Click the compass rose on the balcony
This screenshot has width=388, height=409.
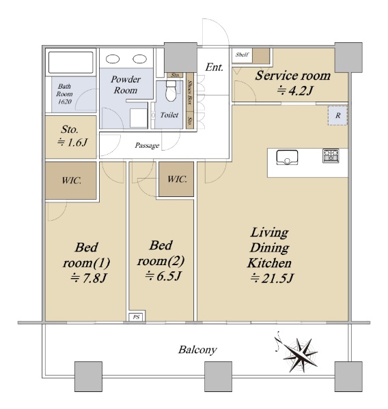click(x=300, y=354)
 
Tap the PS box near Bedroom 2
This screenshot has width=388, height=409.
click(x=137, y=317)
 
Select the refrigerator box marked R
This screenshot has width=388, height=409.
click(x=338, y=116)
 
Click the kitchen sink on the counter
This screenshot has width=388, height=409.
click(x=287, y=157)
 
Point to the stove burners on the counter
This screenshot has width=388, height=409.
click(x=331, y=155)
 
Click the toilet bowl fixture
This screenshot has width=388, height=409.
click(x=171, y=90)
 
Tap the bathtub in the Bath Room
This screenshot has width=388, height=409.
click(x=71, y=62)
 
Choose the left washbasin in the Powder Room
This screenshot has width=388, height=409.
click(x=113, y=59)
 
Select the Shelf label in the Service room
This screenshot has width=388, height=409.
click(x=242, y=55)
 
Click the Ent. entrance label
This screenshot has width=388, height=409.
click(x=214, y=67)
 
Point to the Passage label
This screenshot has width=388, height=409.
click(x=147, y=146)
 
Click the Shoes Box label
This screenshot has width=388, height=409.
click(x=190, y=92)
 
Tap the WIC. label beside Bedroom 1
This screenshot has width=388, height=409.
click(x=71, y=181)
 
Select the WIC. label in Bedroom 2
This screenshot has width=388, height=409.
click(x=177, y=179)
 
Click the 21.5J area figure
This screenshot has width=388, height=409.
click(x=272, y=278)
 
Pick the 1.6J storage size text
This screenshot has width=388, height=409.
click(x=72, y=142)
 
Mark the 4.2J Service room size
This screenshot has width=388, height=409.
click(x=294, y=91)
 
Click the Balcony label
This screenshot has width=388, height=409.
click(x=197, y=350)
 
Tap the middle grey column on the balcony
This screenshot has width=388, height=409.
click(x=218, y=376)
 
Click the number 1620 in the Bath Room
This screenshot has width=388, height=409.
click(x=65, y=102)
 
